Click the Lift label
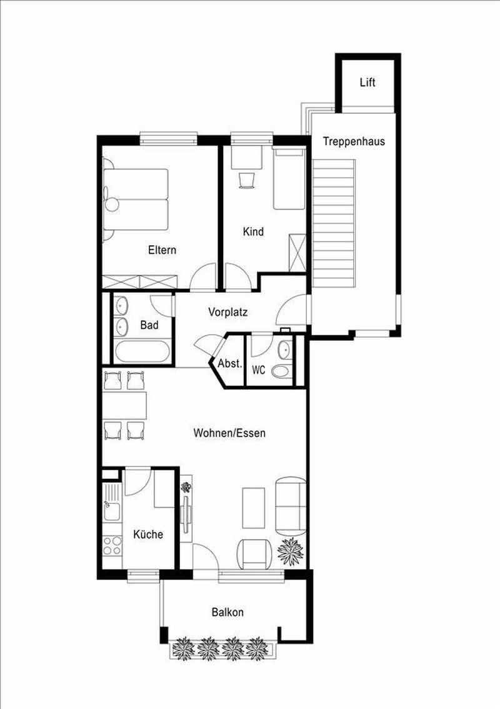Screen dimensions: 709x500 tap(367, 83)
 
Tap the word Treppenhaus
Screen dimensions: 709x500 tap(354, 141)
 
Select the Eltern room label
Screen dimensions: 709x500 tap(162, 250)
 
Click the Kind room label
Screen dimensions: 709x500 tap(253, 231)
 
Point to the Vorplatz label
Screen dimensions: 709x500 tap(229, 312)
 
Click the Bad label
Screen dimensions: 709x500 tap(149, 325)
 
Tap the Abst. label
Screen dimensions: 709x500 tap(229, 363)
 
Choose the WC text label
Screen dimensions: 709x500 tap(259, 370)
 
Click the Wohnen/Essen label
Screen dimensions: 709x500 tap(229, 433)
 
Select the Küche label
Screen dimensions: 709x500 tap(148, 535)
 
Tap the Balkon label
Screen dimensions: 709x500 tap(227, 613)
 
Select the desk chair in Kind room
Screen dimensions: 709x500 tap(247, 180)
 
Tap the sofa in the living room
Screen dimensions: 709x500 tap(291, 505)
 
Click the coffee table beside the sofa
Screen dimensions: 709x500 tap(255, 506)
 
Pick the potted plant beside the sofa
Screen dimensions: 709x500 tap(291, 550)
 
